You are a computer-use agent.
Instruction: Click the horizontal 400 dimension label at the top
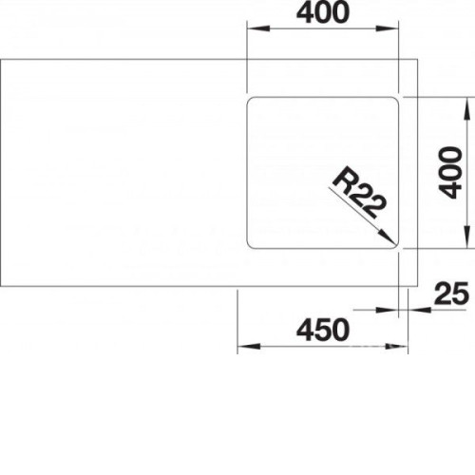tap(323, 12)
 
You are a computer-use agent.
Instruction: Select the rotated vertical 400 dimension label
tap(450, 173)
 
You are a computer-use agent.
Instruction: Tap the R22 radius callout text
tap(360, 192)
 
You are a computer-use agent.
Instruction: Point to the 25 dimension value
tap(451, 293)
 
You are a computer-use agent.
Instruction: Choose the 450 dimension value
tap(323, 331)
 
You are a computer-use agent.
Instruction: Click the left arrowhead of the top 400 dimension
tap(258, 28)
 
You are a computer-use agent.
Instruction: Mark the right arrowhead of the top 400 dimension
tap(387, 28)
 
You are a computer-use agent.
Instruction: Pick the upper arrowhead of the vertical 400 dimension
tap(466, 108)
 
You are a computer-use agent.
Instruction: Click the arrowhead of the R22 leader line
tap(388, 237)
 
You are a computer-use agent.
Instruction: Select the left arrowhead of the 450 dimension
tap(249, 346)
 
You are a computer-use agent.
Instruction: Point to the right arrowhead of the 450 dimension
tap(396, 346)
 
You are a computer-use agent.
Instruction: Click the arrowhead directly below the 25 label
tap(419, 310)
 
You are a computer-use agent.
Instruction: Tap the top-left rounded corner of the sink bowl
tap(250, 100)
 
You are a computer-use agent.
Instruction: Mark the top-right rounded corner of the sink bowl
tap(395, 100)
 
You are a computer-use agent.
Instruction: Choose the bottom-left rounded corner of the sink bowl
tap(250, 246)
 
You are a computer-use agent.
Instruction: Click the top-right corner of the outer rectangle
tap(418, 59)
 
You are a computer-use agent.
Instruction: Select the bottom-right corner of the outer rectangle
tap(418, 286)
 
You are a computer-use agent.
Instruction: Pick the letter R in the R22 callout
tap(344, 180)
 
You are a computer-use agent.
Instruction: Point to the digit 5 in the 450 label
tap(323, 331)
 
